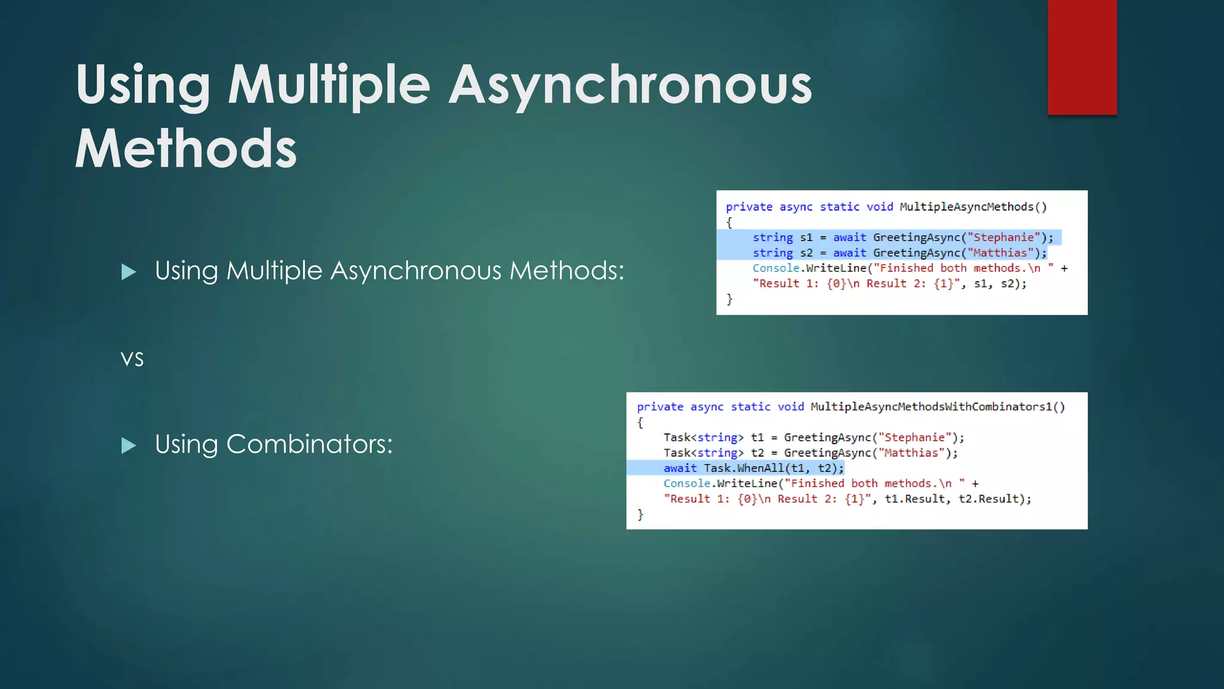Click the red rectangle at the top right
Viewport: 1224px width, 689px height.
coord(1082,57)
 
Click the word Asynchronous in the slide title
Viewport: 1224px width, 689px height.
coord(631,85)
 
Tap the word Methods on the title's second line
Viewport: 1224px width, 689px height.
coord(186,149)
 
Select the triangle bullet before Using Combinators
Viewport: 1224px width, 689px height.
coord(128,446)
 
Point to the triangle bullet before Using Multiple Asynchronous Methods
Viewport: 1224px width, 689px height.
coord(128,272)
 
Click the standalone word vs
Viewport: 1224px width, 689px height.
coord(132,359)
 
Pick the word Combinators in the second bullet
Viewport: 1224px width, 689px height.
coord(309,444)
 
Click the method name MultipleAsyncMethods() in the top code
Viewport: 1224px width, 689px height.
coord(973,207)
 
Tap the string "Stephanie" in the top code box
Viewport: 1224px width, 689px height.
coord(1003,237)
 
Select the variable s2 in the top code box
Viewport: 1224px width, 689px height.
coord(806,253)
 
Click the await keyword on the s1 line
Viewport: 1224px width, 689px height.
coord(849,237)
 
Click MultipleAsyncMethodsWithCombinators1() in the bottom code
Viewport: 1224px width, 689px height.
coord(937,407)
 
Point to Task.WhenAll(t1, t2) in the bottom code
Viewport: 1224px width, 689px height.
coord(773,468)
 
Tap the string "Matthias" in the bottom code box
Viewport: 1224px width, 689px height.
coord(911,453)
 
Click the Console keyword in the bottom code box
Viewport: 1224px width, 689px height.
coord(687,483)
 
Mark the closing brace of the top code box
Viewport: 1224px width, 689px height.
coord(729,298)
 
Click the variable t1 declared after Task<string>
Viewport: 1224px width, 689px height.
coord(757,437)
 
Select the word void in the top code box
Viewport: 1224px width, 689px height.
coord(880,207)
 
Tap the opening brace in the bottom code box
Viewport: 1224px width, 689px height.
coord(640,422)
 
